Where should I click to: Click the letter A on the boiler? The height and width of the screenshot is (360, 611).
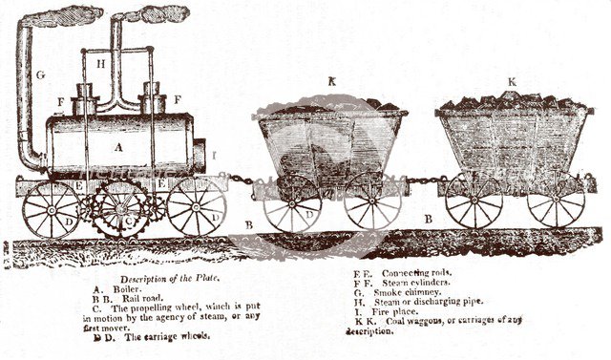coord(118,147)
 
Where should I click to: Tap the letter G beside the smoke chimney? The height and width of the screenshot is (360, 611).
coord(40,73)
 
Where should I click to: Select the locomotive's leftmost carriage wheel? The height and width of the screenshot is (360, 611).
coord(51,207)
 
